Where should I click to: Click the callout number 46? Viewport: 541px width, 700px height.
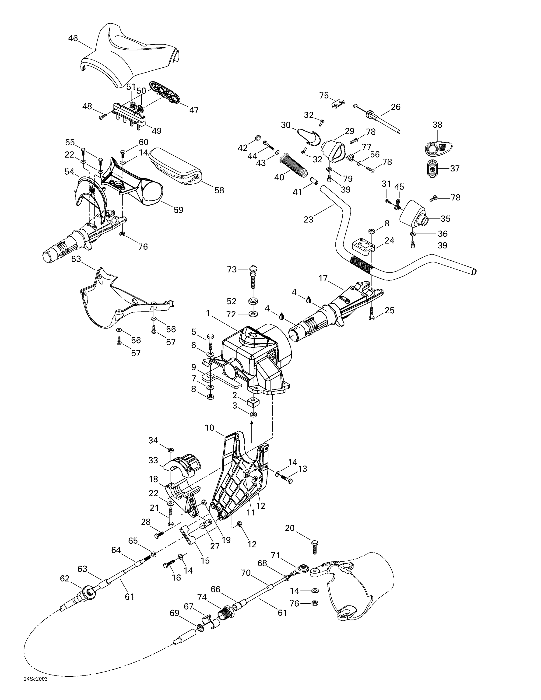click(73, 38)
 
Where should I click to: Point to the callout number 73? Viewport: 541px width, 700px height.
click(232, 269)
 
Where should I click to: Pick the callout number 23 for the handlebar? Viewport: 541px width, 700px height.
click(308, 220)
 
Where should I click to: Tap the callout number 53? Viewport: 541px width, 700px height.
click(76, 259)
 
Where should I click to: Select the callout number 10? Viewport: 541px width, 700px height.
click(210, 427)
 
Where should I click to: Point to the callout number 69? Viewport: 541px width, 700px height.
click(174, 613)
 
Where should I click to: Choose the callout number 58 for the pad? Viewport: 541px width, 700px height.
click(219, 190)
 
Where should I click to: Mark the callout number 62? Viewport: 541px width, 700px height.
click(65, 578)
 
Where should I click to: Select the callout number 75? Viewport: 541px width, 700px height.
click(324, 95)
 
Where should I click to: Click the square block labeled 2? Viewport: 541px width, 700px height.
click(253, 401)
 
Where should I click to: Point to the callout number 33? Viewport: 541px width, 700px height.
click(153, 460)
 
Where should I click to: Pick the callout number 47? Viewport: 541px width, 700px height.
click(194, 110)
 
